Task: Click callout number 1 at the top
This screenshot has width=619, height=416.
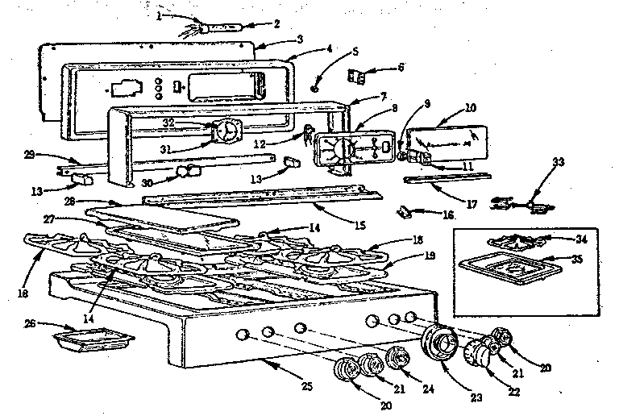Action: tap(159, 15)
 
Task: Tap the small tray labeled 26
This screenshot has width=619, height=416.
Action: tap(91, 343)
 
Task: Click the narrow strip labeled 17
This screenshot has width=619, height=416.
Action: tap(447, 177)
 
